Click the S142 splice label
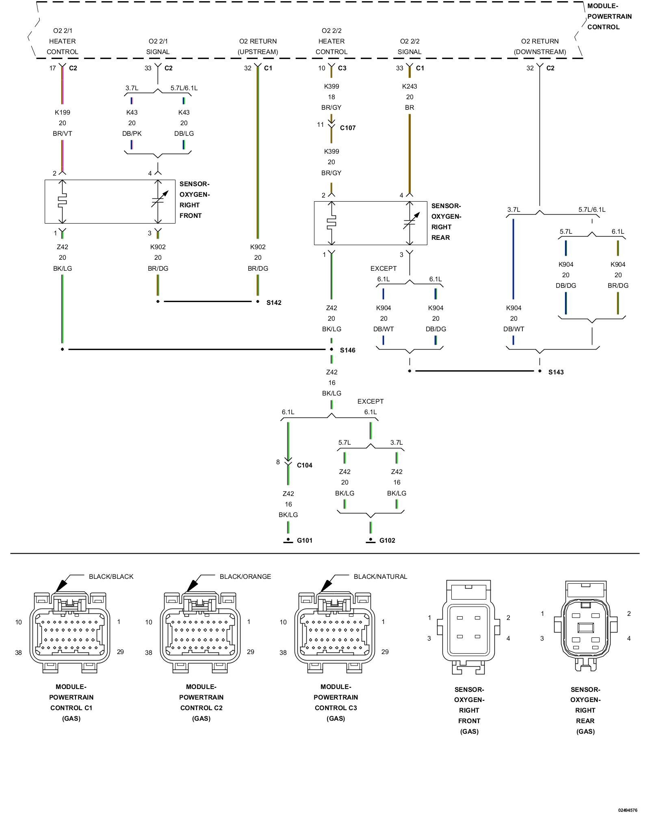(x=274, y=302)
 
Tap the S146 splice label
(x=347, y=350)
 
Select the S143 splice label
(x=556, y=372)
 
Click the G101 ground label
(x=305, y=540)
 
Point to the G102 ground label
(x=387, y=540)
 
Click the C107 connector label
(x=348, y=128)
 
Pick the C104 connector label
(x=305, y=465)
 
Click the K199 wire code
(x=63, y=112)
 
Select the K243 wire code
(x=409, y=86)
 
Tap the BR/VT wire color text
(x=63, y=133)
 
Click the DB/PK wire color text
(x=132, y=133)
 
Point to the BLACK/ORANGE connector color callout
(x=245, y=576)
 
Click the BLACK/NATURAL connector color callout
(x=380, y=576)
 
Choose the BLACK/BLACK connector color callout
(x=111, y=576)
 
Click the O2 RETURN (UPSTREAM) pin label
(x=258, y=46)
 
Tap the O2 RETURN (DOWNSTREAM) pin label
(x=540, y=46)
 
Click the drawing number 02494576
(x=628, y=810)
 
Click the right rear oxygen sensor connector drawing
(x=585, y=626)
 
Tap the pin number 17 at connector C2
(x=52, y=68)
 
